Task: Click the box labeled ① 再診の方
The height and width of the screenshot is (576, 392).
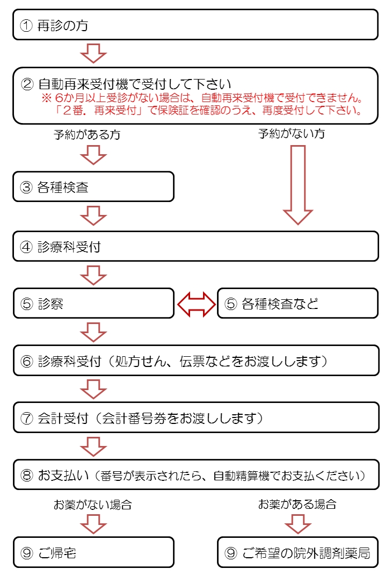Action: click(x=195, y=25)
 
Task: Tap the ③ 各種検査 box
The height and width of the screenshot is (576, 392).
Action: click(x=93, y=187)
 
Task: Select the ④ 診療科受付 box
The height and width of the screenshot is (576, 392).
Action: click(x=195, y=247)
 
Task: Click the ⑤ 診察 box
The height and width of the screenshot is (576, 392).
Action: click(x=93, y=304)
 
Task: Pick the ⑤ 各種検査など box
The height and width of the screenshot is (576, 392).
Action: click(x=297, y=304)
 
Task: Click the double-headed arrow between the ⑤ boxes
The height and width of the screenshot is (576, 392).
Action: click(x=196, y=304)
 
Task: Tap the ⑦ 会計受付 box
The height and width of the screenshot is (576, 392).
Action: click(x=195, y=417)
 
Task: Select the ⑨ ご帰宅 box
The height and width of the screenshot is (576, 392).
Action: click(x=93, y=552)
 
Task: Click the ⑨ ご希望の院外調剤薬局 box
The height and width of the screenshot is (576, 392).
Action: click(x=297, y=552)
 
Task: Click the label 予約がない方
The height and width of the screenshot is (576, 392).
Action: click(x=292, y=134)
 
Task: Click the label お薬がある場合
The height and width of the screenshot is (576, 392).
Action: click(x=297, y=505)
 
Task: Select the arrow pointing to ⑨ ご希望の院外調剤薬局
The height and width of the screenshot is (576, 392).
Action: click(x=297, y=523)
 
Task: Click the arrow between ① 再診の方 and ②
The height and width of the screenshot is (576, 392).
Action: click(x=93, y=53)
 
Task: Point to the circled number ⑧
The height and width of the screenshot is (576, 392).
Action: click(x=26, y=475)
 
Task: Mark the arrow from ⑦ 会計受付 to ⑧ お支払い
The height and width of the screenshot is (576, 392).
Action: click(x=93, y=445)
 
